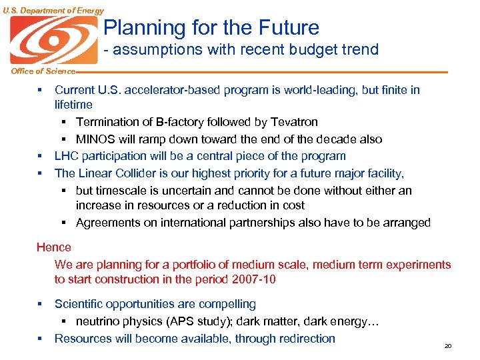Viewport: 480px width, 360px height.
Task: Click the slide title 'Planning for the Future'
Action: pyautogui.click(x=211, y=28)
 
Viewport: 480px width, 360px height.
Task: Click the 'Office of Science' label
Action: pyautogui.click(x=37, y=71)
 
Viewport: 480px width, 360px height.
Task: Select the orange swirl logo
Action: pyautogui.click(x=53, y=39)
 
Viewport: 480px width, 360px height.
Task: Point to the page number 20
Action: pyautogui.click(x=448, y=346)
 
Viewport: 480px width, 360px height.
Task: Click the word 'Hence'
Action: pyautogui.click(x=54, y=247)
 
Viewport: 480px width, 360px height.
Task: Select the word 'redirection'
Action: pyautogui.click(x=304, y=339)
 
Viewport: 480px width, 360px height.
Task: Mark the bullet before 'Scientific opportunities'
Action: pyautogui.click(x=40, y=305)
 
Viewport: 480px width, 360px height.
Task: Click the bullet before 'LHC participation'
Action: pyautogui.click(x=40, y=156)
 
